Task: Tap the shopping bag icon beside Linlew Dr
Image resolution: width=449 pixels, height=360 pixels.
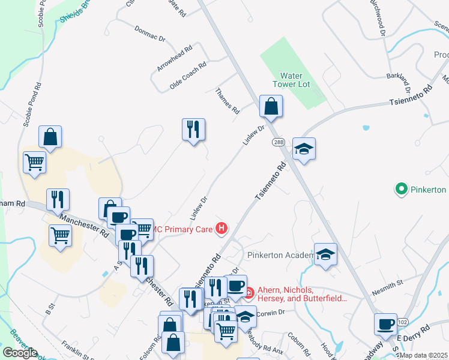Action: coord(271,107)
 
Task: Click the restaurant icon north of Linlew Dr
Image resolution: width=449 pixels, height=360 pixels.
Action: coord(193,130)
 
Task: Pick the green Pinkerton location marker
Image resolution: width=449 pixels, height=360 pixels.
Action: coord(402,190)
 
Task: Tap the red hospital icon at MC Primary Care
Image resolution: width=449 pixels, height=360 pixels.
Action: coord(222,228)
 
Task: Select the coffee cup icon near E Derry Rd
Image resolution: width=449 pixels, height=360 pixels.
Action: coord(385,324)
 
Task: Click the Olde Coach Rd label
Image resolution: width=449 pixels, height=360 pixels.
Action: coord(188,75)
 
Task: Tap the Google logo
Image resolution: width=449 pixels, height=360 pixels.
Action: coord(20,353)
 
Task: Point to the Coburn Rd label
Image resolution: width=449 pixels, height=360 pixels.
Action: coord(298,344)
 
